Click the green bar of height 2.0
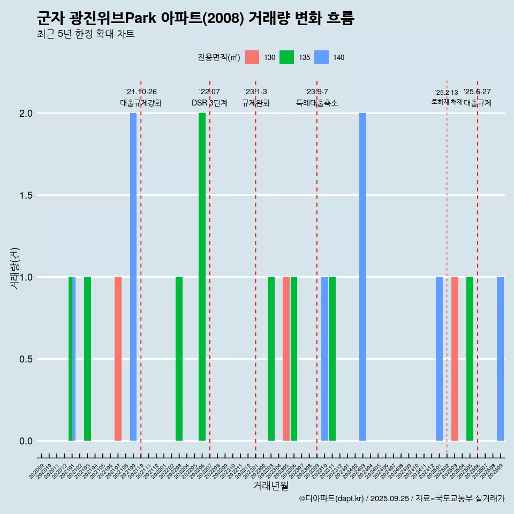click(x=202, y=277)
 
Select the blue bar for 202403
click(x=362, y=277)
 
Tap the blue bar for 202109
click(x=133, y=277)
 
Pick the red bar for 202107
click(x=118, y=359)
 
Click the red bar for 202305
click(x=286, y=359)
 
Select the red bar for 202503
click(x=455, y=359)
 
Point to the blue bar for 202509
click(x=500, y=359)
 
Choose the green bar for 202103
click(x=87, y=359)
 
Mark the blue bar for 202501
click(x=439, y=359)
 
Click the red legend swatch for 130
click(x=252, y=57)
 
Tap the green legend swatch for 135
click(x=287, y=57)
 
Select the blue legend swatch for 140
click(x=321, y=57)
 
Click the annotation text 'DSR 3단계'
click(x=210, y=103)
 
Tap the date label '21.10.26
click(x=141, y=92)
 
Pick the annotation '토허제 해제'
click(x=447, y=102)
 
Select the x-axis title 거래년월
click(x=270, y=486)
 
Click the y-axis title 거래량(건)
click(x=15, y=268)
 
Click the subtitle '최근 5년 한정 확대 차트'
click(x=86, y=34)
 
